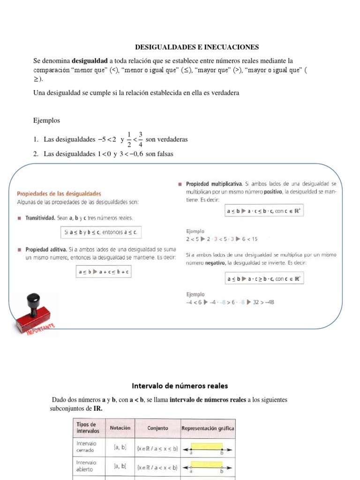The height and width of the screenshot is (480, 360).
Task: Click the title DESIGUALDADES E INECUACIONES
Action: [x=197, y=47]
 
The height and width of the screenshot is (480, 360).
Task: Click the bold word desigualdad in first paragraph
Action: [x=90, y=61]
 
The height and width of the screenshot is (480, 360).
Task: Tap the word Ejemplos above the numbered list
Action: [x=47, y=120]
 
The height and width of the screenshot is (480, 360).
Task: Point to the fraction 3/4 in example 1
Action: [x=140, y=140]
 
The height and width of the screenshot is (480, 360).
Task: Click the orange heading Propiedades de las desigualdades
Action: [x=59, y=193]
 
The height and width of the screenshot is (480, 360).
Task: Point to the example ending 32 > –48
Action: [x=230, y=302]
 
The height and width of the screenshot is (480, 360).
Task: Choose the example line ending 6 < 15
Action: [x=222, y=239]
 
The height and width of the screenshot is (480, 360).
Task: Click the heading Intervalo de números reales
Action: [x=180, y=386]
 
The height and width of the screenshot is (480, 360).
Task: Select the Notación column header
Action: [x=120, y=428]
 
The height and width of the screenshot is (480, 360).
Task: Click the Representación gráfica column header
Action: [x=208, y=428]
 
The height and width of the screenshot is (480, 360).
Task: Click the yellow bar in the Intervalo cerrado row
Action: [x=207, y=446]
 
